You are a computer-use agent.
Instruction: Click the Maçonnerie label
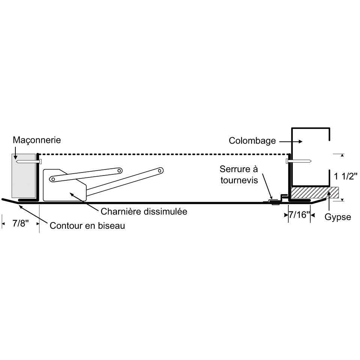tap(37, 140)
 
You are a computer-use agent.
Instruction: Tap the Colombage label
tap(252, 141)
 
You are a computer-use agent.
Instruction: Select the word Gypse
tap(338, 217)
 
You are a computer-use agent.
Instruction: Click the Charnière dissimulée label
tap(144, 211)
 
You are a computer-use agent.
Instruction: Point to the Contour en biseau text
tap(87, 226)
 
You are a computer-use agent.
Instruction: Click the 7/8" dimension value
tap(21, 223)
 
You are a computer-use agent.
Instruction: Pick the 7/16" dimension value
tap(299, 215)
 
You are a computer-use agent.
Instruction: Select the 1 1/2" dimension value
tap(345, 177)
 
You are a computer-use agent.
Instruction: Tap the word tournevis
tap(239, 180)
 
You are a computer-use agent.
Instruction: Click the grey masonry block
tap(24, 175)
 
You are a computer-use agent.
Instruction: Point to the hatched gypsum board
tap(315, 193)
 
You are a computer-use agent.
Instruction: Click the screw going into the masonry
tap(29, 162)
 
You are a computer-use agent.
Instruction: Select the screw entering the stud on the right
tap(298, 161)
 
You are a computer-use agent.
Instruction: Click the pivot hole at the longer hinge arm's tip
tap(160, 171)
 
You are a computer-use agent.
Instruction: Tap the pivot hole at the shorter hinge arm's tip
tap(119, 171)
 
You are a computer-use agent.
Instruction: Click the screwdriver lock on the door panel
tap(275, 202)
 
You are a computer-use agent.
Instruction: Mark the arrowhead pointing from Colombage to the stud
tap(301, 142)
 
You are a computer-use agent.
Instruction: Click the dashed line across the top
tap(163, 154)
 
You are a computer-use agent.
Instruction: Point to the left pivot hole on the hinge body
tap(53, 179)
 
